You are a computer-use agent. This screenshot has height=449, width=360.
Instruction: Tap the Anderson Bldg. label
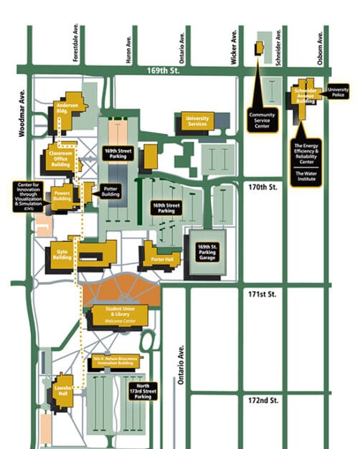[67, 108]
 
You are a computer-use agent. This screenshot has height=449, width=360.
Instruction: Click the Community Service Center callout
[262, 120]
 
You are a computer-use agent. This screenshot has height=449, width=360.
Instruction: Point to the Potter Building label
[111, 192]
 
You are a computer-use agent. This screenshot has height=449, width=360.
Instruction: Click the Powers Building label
[62, 194]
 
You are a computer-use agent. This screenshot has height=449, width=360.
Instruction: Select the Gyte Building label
[60, 254]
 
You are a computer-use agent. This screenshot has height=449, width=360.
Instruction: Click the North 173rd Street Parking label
[143, 392]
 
